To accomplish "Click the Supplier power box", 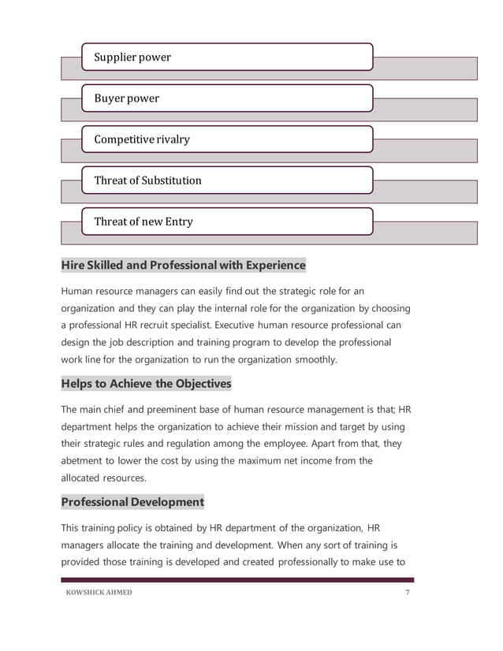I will point(227,58).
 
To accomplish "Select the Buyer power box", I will point(227,99).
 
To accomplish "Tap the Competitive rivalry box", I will point(227,139).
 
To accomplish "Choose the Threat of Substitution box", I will point(227,180).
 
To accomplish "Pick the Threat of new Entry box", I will point(227,221).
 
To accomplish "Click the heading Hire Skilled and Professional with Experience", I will point(183,265).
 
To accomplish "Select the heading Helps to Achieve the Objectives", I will point(146,383).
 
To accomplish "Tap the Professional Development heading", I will point(132,502).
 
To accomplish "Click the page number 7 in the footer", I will point(408,593).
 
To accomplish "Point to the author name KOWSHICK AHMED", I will point(99,593).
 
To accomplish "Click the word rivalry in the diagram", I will point(170,139).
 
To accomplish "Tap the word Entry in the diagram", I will point(179,221).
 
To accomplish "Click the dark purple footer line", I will point(237,581).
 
